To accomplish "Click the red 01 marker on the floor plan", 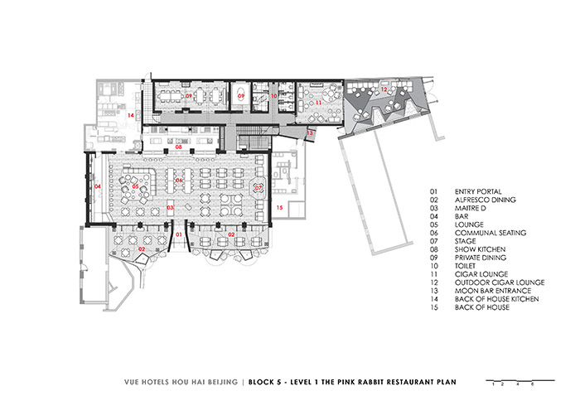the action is coord(179,234).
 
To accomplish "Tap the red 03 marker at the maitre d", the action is coord(170,207).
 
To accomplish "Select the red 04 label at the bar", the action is coord(98,186).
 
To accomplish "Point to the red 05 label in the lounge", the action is coord(135,186).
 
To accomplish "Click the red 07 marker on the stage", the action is coord(259,188).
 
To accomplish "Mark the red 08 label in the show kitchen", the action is coord(179,147).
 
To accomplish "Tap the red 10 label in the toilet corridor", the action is coord(273,96).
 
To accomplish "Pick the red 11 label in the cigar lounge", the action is coord(318,103).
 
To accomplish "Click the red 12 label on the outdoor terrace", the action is coord(384,89).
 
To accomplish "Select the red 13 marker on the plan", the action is coord(310,133).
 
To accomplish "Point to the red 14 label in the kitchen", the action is coord(131,115).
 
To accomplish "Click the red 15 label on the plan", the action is coord(280,207).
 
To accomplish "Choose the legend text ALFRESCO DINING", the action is coord(485,200).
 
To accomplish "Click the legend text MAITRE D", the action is coord(470,208).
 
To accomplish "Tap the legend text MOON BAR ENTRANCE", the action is coord(493,291).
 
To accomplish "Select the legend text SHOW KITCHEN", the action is coord(480,249).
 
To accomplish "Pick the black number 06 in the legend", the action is coord(433,233).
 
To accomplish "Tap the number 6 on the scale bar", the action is coord(532,384).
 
